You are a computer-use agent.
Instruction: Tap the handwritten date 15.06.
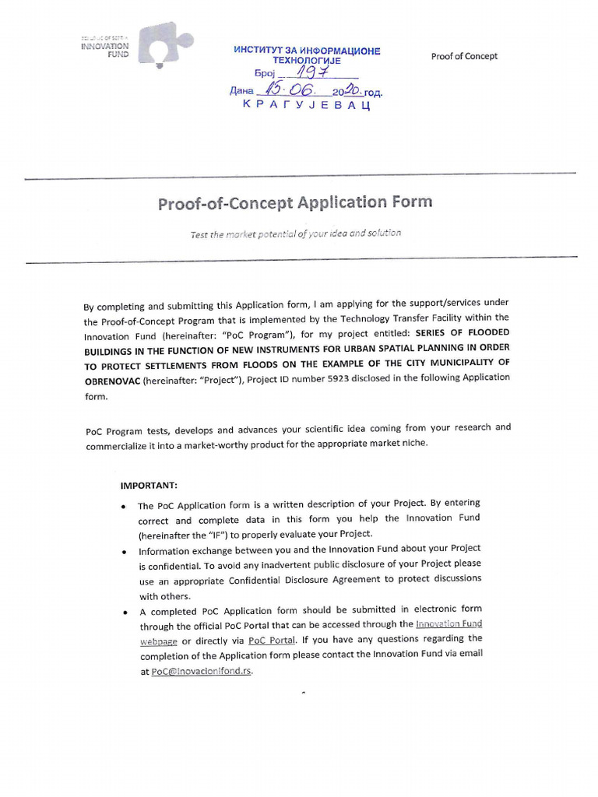pyautogui.click(x=288, y=90)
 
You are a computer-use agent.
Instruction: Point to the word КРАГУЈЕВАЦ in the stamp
pyautogui.click(x=306, y=105)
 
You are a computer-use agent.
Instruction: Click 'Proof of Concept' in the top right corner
pyautogui.click(x=464, y=56)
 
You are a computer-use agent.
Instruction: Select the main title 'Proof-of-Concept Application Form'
pyautogui.click(x=294, y=203)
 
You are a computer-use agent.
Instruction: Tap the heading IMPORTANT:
pyautogui.click(x=149, y=485)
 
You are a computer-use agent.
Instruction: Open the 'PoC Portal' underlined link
pyautogui.click(x=272, y=641)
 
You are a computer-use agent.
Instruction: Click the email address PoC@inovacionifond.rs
pyautogui.click(x=202, y=671)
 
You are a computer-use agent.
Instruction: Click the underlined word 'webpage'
pyautogui.click(x=159, y=641)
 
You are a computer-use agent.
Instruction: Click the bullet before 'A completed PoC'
pyautogui.click(x=124, y=612)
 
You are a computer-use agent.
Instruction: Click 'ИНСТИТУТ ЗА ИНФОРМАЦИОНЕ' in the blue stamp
pyautogui.click(x=307, y=51)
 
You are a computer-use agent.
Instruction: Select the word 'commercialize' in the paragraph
pyautogui.click(x=117, y=444)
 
